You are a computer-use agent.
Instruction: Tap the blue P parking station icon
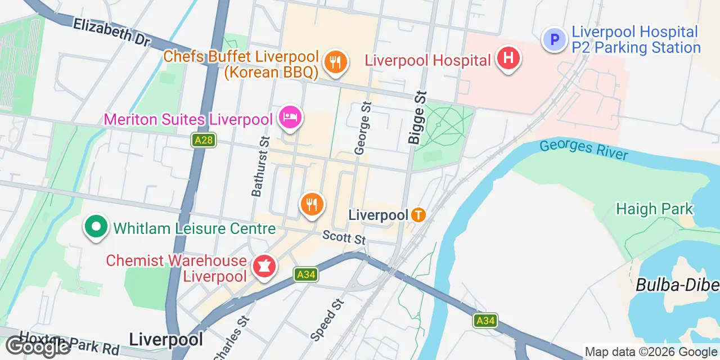click(x=554, y=40)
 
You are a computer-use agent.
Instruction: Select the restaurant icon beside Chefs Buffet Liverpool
click(x=336, y=61)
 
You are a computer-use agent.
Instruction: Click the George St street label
click(x=363, y=128)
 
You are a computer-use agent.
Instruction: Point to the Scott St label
click(x=344, y=238)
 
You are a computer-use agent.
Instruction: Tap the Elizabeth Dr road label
click(x=111, y=32)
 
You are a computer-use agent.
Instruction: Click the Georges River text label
click(x=583, y=150)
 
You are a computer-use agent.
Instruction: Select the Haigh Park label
click(x=654, y=209)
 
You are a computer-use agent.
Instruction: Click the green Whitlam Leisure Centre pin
click(x=96, y=227)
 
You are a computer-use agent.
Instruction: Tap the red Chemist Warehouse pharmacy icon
click(x=263, y=266)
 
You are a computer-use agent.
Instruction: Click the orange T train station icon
click(x=418, y=214)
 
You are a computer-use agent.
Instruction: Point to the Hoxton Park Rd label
click(x=70, y=344)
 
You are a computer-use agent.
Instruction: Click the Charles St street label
click(x=231, y=338)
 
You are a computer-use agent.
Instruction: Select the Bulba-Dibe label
click(x=677, y=285)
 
